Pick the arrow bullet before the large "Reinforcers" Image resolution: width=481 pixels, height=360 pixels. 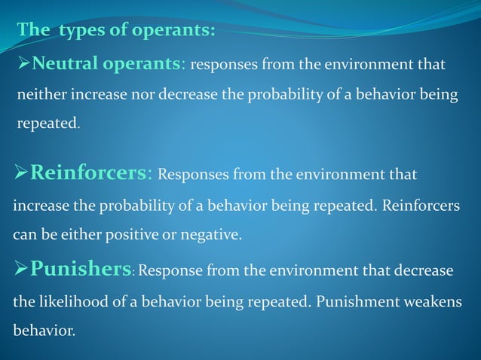coord(21,175)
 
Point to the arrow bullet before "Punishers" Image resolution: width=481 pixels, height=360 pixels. coord(21,270)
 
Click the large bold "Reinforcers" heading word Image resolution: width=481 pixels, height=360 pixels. coord(88,174)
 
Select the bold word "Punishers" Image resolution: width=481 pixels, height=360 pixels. coord(81,270)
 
